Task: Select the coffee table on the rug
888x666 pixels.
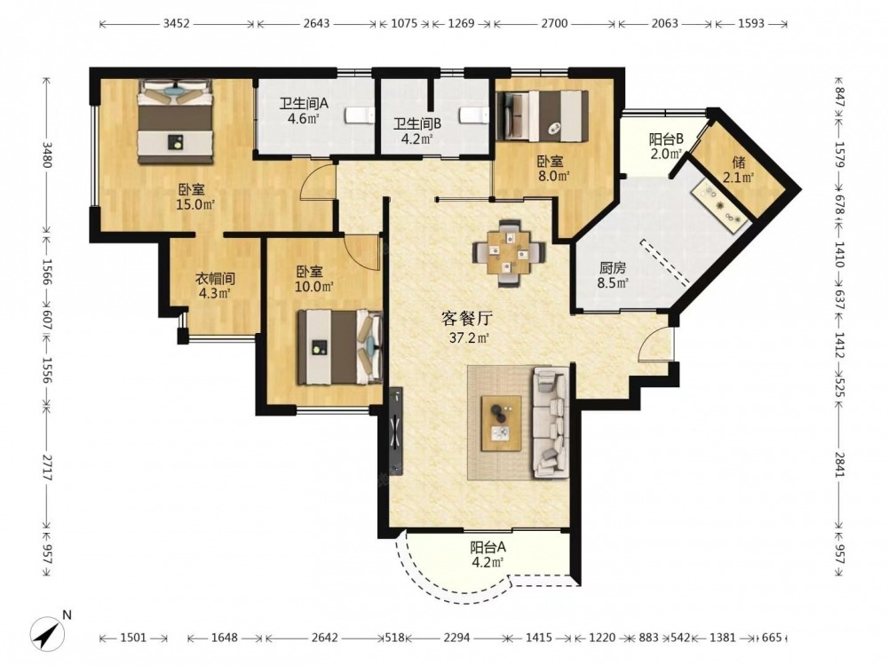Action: coord(501,423)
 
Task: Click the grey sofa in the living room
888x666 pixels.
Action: coord(550,423)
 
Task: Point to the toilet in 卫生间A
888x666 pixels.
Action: coord(359,115)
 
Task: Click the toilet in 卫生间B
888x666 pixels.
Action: coord(474,115)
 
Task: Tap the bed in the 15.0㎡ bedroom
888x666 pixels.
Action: coord(176,123)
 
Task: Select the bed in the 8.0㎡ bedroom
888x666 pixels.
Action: coord(542,115)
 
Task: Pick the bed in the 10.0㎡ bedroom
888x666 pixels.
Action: coord(340,347)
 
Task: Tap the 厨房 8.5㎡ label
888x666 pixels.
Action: coord(613,274)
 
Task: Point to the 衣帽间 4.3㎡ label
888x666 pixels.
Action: coord(215,285)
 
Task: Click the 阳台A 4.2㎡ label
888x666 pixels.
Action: coord(488,555)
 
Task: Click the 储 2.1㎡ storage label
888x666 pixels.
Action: coord(738,170)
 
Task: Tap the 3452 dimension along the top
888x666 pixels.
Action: coord(176,24)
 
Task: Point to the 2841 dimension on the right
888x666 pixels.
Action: coord(839,464)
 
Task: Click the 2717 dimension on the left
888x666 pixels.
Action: coord(46,466)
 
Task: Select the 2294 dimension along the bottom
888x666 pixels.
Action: coord(456,638)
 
